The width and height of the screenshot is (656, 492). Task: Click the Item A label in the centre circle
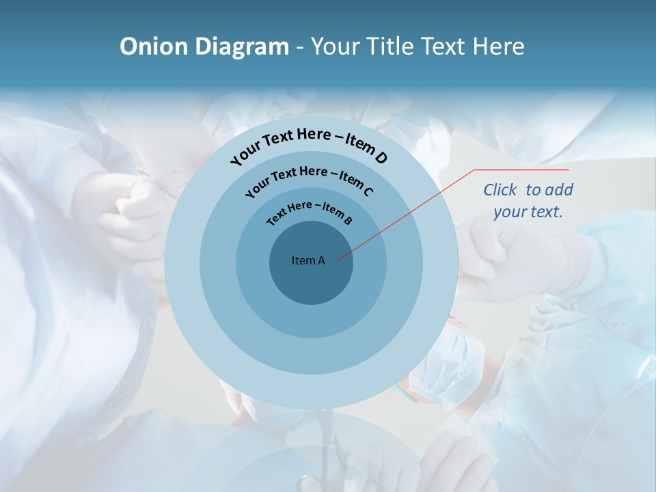click(308, 260)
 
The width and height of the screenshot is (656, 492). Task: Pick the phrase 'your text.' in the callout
click(528, 212)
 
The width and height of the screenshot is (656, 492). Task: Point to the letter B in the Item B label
click(348, 220)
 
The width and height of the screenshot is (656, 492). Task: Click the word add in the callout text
click(559, 190)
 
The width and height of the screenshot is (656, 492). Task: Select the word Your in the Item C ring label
click(257, 187)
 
